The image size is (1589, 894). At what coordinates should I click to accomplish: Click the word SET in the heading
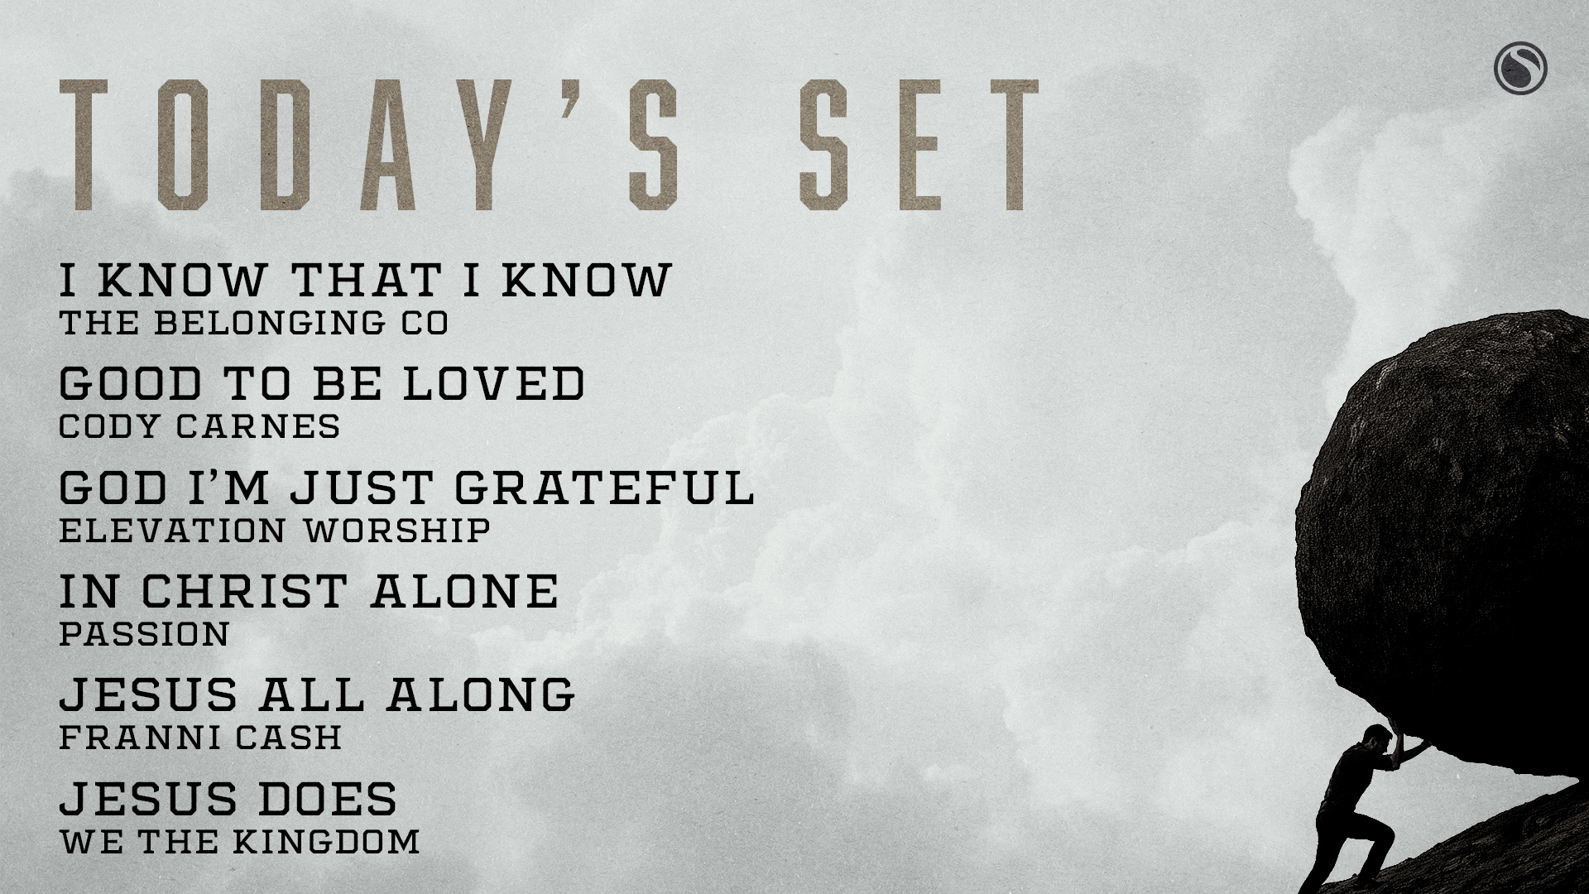919,145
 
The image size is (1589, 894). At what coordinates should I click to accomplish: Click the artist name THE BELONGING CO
254,323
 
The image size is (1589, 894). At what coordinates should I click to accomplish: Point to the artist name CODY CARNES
199,426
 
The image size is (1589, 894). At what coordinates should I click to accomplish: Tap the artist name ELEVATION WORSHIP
275,530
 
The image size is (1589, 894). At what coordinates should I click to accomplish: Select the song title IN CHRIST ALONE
310,591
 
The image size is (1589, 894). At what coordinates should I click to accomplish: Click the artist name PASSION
144,634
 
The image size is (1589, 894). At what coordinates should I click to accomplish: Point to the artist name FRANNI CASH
200,738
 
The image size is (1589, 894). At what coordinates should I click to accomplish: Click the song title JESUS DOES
228,798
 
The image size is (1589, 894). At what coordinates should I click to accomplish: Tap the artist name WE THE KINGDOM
239,841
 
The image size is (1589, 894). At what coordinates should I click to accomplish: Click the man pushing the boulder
1366,795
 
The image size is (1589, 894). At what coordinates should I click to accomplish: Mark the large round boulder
1444,530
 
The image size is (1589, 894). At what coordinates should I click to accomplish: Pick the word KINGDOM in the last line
325,841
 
